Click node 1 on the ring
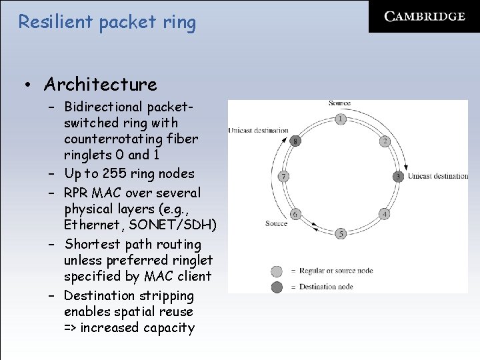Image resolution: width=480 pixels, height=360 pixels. (341, 119)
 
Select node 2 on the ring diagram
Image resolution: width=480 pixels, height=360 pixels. (385, 141)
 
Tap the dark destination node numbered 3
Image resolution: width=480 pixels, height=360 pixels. (398, 177)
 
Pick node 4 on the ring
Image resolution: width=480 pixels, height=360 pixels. (384, 214)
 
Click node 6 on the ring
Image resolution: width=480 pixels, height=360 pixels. (295, 214)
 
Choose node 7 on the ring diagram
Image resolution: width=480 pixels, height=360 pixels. (284, 177)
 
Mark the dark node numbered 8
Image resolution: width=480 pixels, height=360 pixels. (295, 141)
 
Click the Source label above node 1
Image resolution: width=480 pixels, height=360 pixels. (339, 103)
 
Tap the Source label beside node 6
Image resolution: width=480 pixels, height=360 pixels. (276, 223)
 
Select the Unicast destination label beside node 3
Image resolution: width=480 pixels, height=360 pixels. (437, 177)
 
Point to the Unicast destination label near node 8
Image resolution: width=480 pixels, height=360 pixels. (258, 130)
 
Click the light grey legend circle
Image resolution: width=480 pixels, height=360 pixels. (277, 271)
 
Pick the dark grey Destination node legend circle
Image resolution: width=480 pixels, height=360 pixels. (277, 287)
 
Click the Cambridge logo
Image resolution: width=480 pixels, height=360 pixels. (425, 17)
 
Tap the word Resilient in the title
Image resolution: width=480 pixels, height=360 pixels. (55, 22)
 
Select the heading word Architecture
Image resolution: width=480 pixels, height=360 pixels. (101, 85)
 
